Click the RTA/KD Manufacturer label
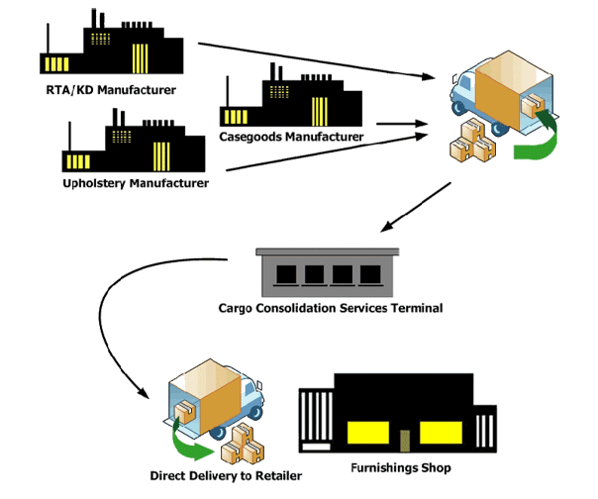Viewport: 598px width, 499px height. point(111,90)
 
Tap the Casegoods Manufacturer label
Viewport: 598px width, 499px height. point(291,137)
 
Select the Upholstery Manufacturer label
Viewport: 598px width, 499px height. point(136,183)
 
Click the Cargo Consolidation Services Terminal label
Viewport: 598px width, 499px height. point(331,308)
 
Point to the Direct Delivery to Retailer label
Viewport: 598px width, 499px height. point(226,475)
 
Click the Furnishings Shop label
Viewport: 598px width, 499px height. point(401,467)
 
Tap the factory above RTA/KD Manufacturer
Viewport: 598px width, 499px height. point(112,42)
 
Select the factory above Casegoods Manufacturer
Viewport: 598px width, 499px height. point(291,95)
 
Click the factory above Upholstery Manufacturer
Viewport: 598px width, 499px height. point(134,141)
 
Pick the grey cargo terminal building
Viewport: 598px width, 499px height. point(328,272)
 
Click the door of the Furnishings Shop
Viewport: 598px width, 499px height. point(405,441)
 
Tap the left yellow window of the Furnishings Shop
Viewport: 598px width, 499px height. point(368,433)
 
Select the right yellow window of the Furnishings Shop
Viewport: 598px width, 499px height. point(441,433)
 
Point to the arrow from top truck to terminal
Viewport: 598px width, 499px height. point(416,207)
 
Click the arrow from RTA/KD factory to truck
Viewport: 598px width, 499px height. point(317,61)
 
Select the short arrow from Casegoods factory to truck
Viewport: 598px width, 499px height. point(402,124)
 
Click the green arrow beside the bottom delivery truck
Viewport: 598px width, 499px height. point(187,443)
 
